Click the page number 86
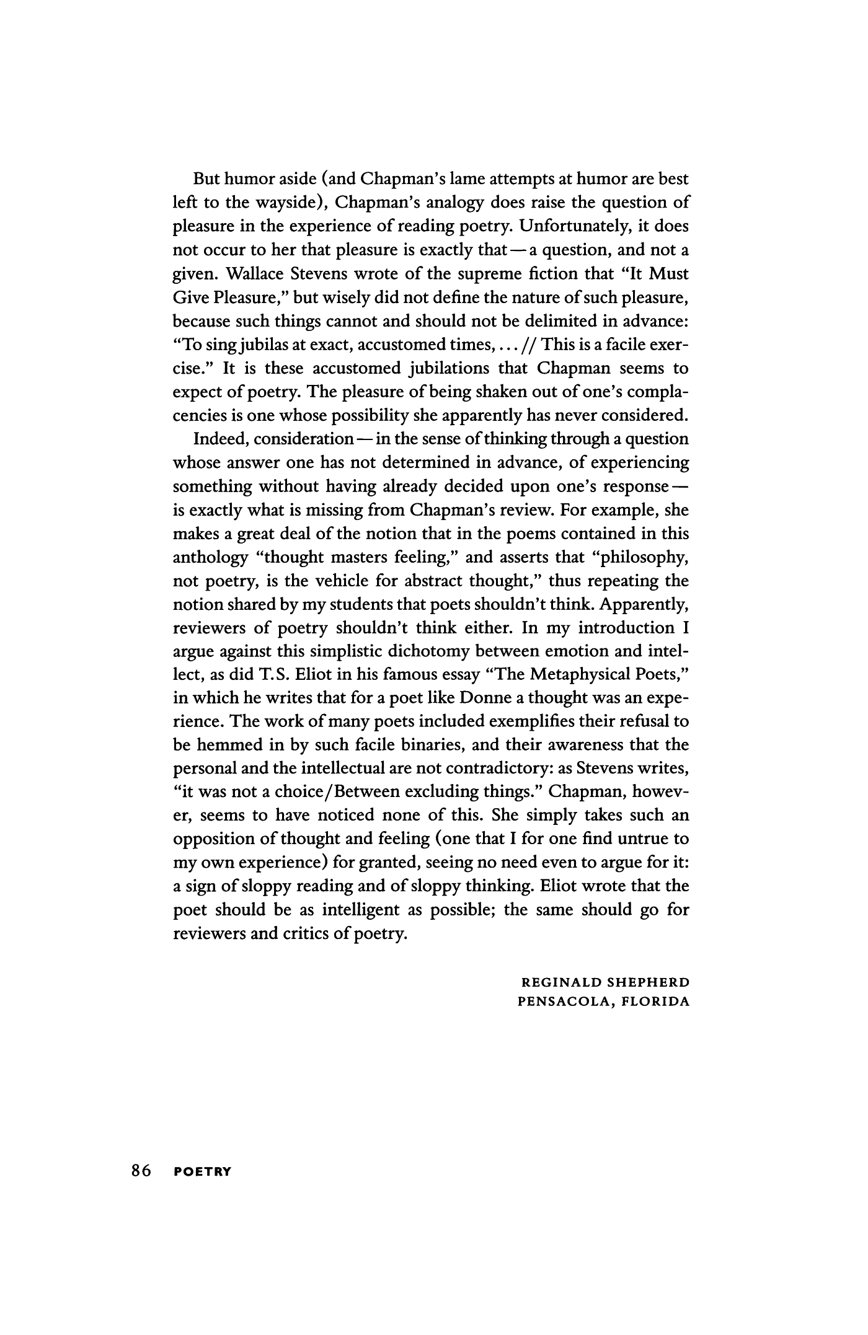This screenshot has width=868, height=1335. [141, 1171]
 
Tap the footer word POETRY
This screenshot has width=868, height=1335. [203, 1172]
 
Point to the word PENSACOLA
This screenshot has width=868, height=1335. [562, 1002]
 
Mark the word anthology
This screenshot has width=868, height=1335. [209, 558]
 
